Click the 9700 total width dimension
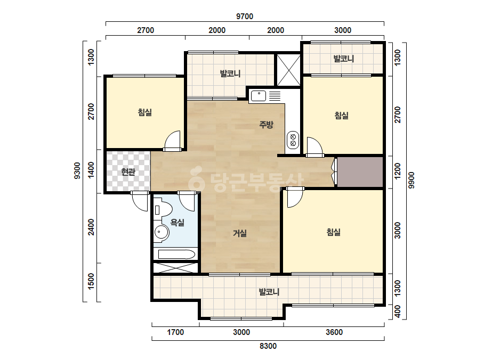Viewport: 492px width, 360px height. (x=245, y=17)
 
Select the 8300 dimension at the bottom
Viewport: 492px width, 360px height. (x=268, y=346)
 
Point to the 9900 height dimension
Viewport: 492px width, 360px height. (x=412, y=181)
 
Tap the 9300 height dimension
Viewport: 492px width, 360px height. (x=77, y=170)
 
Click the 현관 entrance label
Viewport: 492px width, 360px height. (x=128, y=172)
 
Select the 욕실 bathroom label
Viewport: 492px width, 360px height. (x=178, y=223)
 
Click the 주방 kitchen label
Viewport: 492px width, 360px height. (x=266, y=125)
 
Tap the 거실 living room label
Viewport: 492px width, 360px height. (x=239, y=233)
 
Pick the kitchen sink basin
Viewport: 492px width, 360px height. (x=259, y=96)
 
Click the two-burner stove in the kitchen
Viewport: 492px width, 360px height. (x=293, y=140)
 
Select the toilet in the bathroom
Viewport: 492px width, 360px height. (x=163, y=209)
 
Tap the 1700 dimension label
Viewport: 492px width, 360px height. (x=175, y=332)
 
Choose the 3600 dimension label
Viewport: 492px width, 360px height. (x=334, y=332)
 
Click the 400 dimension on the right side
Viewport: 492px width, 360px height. (x=398, y=312)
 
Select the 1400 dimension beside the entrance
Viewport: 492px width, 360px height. (x=91, y=170)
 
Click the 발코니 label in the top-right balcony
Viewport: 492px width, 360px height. (x=344, y=59)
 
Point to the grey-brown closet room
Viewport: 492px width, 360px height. (x=360, y=172)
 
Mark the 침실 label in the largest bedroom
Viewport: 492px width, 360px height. (x=334, y=232)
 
